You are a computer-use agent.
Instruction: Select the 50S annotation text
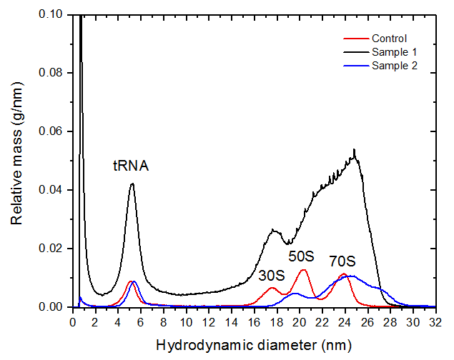[x=301, y=255]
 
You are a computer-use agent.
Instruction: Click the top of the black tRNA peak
[x=132, y=184]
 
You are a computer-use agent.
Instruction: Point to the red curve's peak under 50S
[x=303, y=269]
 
